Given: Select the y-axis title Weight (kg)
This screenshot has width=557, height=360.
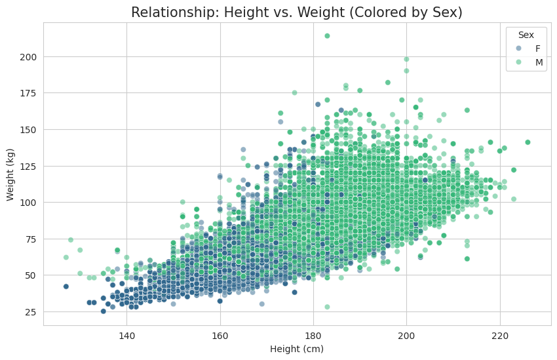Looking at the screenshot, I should pos(10,174).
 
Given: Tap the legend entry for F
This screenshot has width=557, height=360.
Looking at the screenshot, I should pos(537,49).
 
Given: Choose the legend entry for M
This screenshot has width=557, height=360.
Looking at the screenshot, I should pos(537,62).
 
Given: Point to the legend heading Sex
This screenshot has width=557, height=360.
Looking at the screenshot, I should pos(525,34).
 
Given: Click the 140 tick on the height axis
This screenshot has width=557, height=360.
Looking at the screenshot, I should pos(126,336).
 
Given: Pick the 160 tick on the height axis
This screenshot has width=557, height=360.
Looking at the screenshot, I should pos(220,336).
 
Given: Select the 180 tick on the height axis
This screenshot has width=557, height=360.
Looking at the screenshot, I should pos(313,336).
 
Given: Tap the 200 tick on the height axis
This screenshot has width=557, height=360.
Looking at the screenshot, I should pos(406,336).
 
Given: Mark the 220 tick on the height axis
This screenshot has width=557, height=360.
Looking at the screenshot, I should pos(500,336).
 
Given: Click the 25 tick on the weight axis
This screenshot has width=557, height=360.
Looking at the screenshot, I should pos(31,311).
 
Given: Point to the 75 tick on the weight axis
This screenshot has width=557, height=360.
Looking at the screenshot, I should pos(31,239).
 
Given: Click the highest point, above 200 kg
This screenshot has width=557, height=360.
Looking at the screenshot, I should pos(327,36).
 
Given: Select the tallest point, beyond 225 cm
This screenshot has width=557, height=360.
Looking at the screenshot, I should pos(528,142).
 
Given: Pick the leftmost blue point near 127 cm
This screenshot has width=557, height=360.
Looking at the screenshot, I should pos(66,287).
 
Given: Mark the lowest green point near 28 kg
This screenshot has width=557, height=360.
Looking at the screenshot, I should pos(327,307).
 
